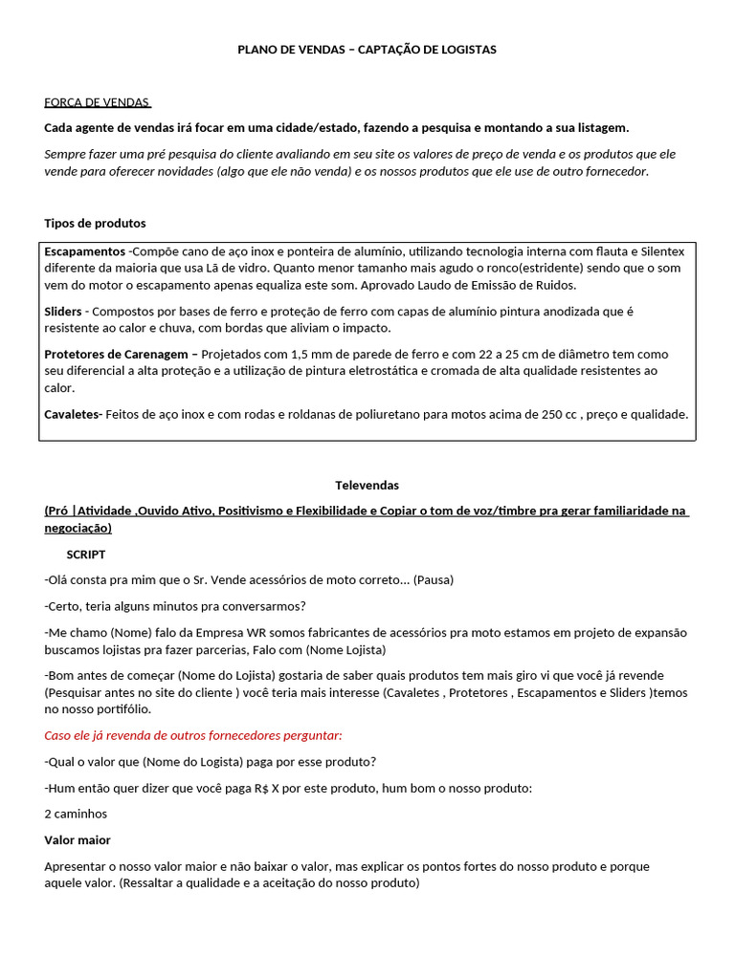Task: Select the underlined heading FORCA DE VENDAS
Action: [x=98, y=102]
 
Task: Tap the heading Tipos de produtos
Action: [x=95, y=223]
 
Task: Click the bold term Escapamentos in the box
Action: [x=84, y=250]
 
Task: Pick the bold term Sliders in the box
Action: [x=63, y=312]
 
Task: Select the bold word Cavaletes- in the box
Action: [x=73, y=414]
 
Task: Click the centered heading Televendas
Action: [x=367, y=485]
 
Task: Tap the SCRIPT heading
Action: [x=86, y=554]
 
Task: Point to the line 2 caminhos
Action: [x=76, y=814]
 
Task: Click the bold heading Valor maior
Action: [x=78, y=839]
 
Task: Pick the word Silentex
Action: [x=661, y=250]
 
